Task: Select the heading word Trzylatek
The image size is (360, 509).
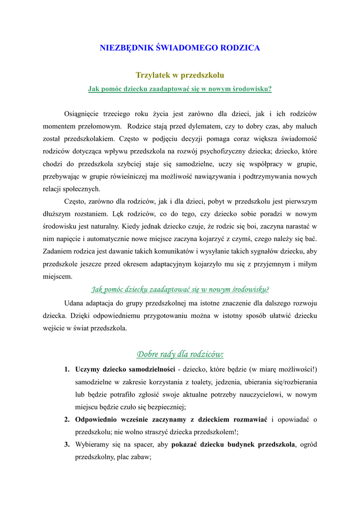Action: point(153,75)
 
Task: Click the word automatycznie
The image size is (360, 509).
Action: point(92,239)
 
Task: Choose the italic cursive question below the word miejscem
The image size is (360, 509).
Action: point(180,289)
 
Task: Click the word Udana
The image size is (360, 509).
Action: point(74,303)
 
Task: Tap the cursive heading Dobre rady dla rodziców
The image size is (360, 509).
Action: point(180,354)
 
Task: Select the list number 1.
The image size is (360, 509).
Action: point(67,369)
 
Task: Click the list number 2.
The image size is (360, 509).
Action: point(67,420)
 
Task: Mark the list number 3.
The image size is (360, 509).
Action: point(67,444)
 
